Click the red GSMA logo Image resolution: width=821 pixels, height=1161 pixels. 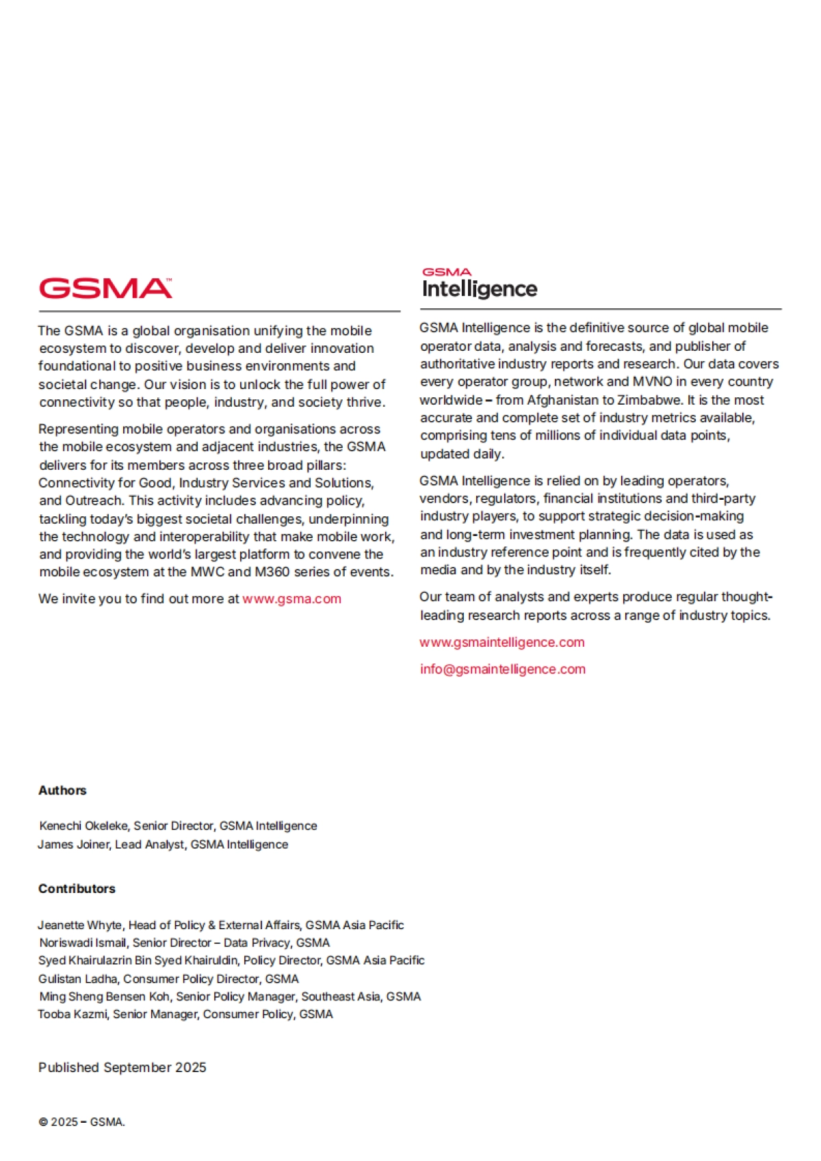[x=105, y=289]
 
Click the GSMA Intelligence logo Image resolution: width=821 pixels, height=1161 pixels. [x=479, y=284]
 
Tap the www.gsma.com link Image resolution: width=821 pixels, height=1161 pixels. [x=291, y=599]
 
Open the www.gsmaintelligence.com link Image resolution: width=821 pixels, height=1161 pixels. [x=501, y=643]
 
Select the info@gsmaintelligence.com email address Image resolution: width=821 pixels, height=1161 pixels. [x=502, y=669]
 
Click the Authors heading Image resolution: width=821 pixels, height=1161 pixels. [x=62, y=790]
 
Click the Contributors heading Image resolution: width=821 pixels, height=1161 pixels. [x=77, y=889]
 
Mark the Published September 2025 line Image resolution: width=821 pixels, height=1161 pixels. [x=122, y=1068]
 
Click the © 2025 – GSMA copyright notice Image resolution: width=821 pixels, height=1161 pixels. [x=81, y=1122]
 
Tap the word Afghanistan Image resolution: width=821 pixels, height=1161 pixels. [x=562, y=400]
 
